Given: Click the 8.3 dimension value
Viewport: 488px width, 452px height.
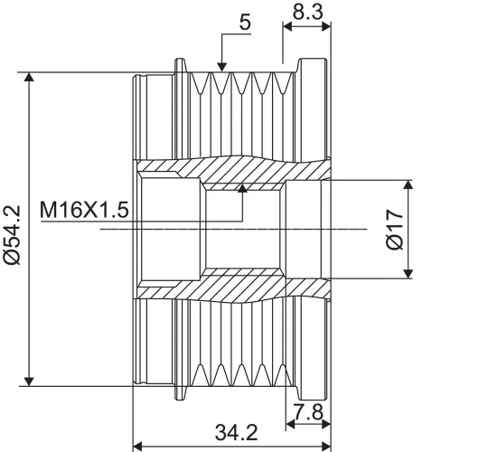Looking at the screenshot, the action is pos(308,12).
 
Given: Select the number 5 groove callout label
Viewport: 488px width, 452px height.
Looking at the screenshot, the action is pos(245,23).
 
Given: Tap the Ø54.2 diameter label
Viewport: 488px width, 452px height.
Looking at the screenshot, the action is pos(13,235).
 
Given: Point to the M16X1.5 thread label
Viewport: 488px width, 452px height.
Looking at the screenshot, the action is pos(84,210).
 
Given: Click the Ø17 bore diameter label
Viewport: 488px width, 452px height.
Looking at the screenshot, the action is pos(394,230).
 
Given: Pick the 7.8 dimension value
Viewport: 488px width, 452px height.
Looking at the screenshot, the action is pos(308,412).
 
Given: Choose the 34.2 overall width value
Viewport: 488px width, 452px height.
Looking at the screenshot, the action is pos(236,432).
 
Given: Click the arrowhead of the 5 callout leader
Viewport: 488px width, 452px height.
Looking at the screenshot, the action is pos(222,67).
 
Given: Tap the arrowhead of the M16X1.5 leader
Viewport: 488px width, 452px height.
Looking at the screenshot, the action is pos(242,188).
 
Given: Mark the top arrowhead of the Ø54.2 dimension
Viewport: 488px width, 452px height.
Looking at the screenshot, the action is pos(29,77).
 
